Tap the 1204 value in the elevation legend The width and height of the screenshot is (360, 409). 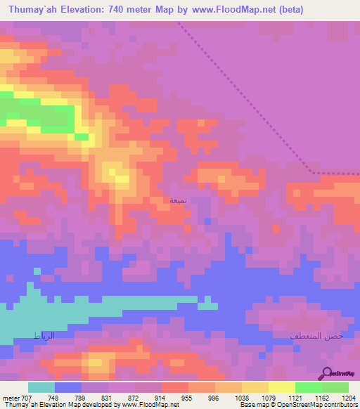349,397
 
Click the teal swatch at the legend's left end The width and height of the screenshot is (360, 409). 41,387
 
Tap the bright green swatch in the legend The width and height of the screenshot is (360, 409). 308,387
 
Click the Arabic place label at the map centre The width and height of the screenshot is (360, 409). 179,200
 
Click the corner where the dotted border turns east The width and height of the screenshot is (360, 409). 311,172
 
